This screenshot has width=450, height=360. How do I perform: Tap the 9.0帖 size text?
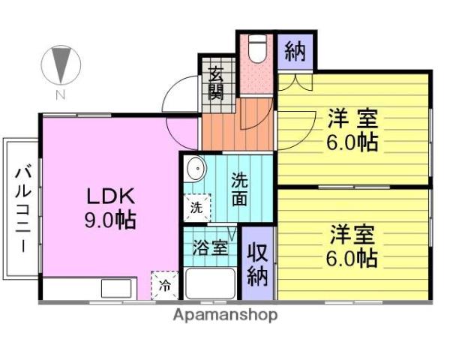(x=109, y=220)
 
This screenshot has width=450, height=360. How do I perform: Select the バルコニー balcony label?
(x=21, y=208)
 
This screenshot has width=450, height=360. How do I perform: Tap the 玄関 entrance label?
(x=216, y=84)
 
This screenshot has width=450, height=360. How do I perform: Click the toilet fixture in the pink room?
(x=257, y=49)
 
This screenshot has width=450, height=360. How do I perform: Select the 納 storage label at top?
(x=295, y=52)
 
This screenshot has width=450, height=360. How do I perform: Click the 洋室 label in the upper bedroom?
(x=351, y=118)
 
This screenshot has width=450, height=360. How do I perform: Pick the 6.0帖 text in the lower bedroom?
(x=351, y=259)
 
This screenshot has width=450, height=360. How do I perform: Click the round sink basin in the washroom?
(x=195, y=169)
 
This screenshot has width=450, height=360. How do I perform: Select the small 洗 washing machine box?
(x=196, y=208)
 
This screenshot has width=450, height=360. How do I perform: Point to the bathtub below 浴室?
(x=210, y=285)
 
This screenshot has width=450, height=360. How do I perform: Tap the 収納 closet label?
(x=257, y=264)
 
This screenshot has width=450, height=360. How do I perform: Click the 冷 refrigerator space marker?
(x=164, y=284)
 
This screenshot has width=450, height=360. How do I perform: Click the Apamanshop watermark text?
(x=225, y=315)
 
